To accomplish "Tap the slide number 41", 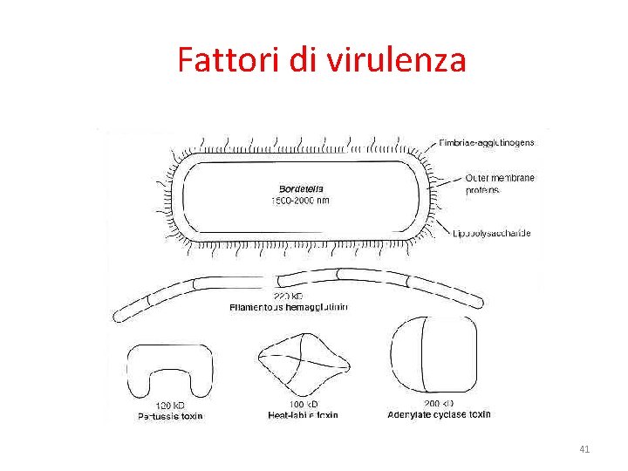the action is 584,449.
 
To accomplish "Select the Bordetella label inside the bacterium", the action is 300,188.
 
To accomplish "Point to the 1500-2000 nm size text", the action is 300,200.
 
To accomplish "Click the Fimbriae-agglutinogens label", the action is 494,141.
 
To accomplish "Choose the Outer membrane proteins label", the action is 500,183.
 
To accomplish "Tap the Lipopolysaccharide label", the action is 491,233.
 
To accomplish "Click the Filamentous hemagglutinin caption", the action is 288,307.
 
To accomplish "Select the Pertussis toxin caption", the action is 170,416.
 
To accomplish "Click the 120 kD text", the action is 169,406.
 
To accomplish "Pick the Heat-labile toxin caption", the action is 303,416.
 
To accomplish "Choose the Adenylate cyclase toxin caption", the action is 439,414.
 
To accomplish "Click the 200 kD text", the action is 438,404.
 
